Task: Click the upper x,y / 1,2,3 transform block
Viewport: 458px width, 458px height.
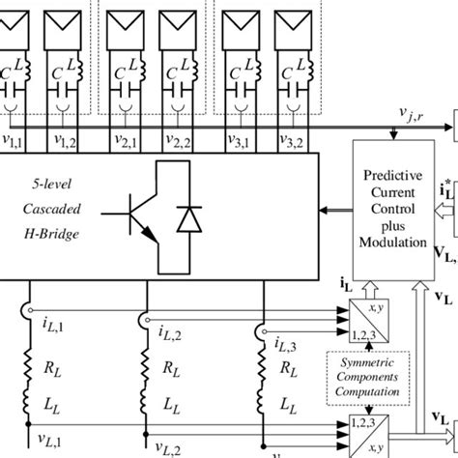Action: click(x=363, y=321)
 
